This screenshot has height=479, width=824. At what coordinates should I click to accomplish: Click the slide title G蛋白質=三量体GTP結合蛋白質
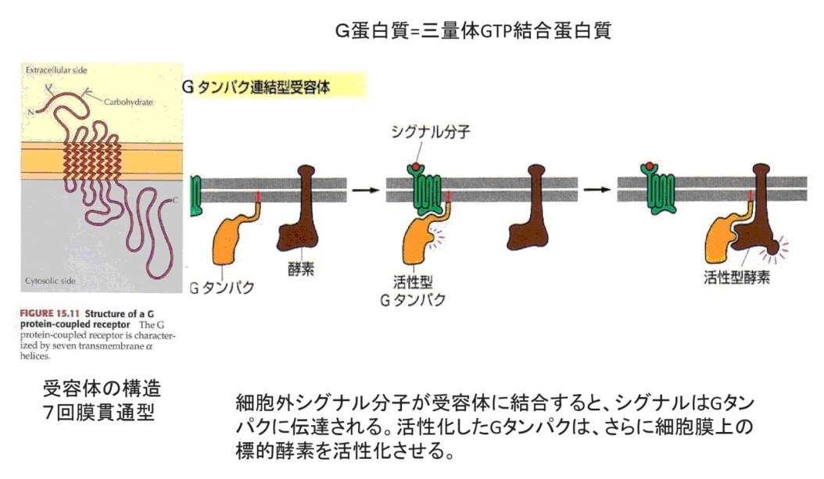click(472, 32)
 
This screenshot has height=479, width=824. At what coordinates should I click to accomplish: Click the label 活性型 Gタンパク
click(423, 291)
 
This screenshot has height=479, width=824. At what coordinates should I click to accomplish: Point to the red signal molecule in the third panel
click(648, 166)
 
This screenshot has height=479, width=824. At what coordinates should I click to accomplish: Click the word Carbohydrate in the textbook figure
click(127, 102)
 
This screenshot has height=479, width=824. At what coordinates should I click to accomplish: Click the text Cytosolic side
click(48, 279)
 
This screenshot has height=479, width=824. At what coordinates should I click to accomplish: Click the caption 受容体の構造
click(102, 388)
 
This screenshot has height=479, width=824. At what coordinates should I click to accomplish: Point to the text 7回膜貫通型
click(99, 411)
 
